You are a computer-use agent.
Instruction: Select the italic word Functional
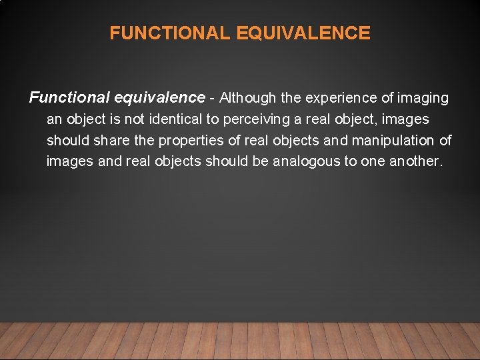click(69, 98)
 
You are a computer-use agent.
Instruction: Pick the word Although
click(247, 98)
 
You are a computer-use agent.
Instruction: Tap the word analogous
click(307, 162)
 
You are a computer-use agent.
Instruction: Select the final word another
click(414, 162)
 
